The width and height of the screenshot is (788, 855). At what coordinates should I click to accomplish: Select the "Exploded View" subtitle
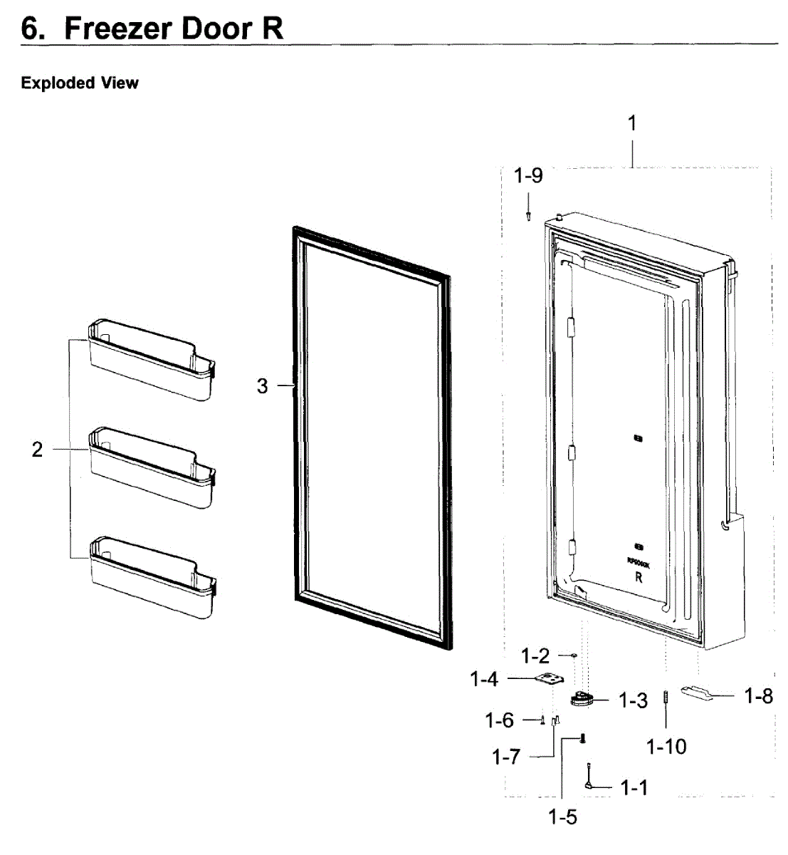pyautogui.click(x=80, y=83)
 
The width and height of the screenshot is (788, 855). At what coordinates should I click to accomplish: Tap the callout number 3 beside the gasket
pyautogui.click(x=263, y=386)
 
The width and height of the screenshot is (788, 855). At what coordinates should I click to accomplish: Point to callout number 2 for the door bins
pyautogui.click(x=37, y=450)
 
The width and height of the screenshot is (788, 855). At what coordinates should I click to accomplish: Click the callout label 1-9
pyautogui.click(x=528, y=175)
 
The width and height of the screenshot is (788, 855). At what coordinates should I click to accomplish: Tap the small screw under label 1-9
pyautogui.click(x=528, y=216)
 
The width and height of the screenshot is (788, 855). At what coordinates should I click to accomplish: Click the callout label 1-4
pyautogui.click(x=484, y=680)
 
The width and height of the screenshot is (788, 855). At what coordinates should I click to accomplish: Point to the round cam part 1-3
pyautogui.click(x=583, y=699)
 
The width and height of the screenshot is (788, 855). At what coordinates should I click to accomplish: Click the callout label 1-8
pyautogui.click(x=759, y=696)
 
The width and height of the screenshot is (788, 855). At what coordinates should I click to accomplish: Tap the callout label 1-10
pyautogui.click(x=666, y=747)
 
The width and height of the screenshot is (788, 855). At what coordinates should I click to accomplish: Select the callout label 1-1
pyautogui.click(x=634, y=787)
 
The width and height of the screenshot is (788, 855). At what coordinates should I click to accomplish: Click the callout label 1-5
pyautogui.click(x=562, y=817)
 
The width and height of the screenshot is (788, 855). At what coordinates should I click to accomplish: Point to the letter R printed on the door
pyautogui.click(x=639, y=578)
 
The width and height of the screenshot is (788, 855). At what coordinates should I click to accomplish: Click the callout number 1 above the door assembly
pyautogui.click(x=631, y=123)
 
